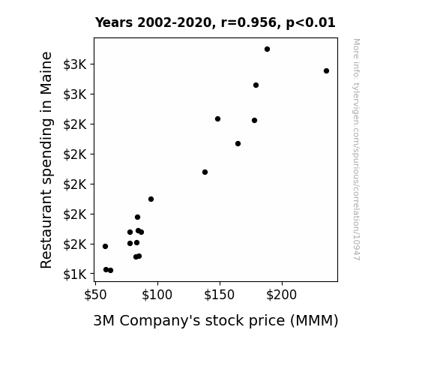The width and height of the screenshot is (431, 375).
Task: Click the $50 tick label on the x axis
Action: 95,295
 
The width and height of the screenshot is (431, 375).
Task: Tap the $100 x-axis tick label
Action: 157,295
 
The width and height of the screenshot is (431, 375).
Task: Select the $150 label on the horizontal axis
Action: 219,295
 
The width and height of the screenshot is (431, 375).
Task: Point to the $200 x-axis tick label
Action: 282,295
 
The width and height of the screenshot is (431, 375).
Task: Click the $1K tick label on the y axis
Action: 75,274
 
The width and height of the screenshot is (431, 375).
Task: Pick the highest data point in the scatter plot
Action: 267,49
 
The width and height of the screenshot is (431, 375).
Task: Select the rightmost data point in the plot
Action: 326,71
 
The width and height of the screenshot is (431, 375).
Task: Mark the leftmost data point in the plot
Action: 105,246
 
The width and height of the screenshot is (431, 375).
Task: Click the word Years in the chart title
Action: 114,22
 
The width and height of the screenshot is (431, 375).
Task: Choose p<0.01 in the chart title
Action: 310,23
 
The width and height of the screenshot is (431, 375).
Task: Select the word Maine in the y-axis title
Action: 46,73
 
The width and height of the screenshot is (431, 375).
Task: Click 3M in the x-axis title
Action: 104,320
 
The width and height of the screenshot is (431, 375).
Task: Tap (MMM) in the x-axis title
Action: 314,321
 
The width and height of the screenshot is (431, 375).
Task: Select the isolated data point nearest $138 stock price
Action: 205,172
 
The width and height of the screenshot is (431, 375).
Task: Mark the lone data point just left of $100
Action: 151,199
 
